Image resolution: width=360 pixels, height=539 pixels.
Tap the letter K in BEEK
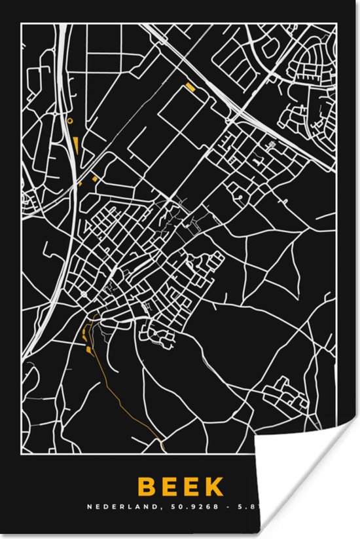(215, 487)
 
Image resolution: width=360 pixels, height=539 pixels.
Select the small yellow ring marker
(69, 121)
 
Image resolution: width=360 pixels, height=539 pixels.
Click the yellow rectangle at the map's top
(190, 86)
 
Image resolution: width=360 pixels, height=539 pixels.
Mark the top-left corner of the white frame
(21, 24)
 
